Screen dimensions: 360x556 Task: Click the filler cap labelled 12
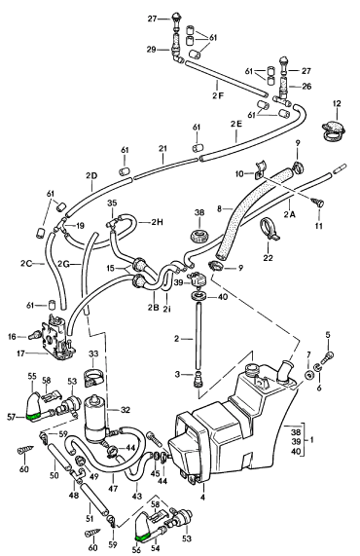[x=334, y=130]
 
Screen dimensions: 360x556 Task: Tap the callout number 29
[x=152, y=50]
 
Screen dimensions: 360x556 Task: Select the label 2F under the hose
[x=218, y=95]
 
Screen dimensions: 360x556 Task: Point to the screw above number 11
[x=318, y=203]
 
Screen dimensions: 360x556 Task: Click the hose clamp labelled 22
[x=269, y=230]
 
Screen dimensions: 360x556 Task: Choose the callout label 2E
[x=236, y=124]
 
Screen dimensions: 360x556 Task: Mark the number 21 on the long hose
[x=162, y=149]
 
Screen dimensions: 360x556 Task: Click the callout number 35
[x=112, y=204]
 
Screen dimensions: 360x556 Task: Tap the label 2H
[x=157, y=222]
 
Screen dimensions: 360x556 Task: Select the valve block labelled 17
[x=57, y=336]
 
